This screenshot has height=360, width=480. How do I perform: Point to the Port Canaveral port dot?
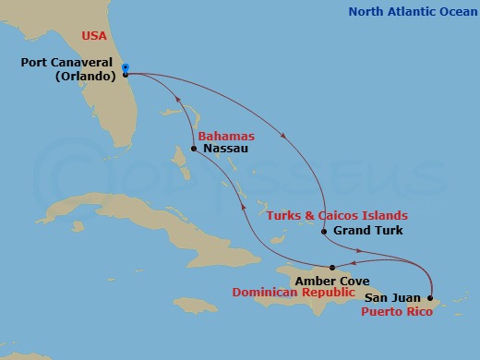coord(126,75)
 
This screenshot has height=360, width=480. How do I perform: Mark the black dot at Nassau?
coord(194,148)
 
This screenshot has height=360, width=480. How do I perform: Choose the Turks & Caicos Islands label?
coord(337,215)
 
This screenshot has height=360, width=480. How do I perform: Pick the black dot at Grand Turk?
coord(324,231)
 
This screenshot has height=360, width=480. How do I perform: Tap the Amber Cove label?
coord(339,280)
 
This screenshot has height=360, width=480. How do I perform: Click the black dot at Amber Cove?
coord(332,268)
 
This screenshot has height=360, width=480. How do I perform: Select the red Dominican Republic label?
coord(293,293)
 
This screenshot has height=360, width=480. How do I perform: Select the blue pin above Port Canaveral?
coord(125,66)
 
